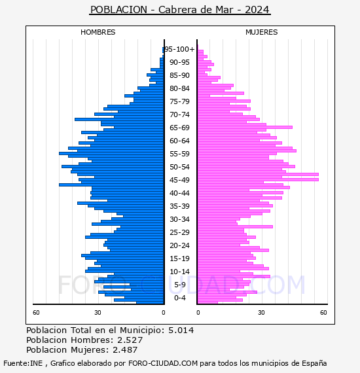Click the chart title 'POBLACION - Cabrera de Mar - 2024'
coord(180,10)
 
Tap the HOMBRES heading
coord(98,32)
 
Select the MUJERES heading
coord(262,32)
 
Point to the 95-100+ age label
coord(179,49)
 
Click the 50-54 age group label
coord(179,167)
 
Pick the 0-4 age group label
coord(179,298)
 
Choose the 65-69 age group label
coord(179,128)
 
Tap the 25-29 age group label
coord(179,232)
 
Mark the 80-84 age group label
coord(179,88)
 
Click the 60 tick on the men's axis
coord(36,313)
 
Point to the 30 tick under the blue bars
coord(98,313)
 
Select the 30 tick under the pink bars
coord(261,313)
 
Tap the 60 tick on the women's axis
coord(323,313)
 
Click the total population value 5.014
coord(181,330)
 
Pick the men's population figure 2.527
coord(130,340)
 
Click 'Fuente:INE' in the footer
coord(23,363)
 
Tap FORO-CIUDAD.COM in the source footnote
coord(163,363)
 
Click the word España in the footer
coord(314,363)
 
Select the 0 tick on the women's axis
coord(198,313)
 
